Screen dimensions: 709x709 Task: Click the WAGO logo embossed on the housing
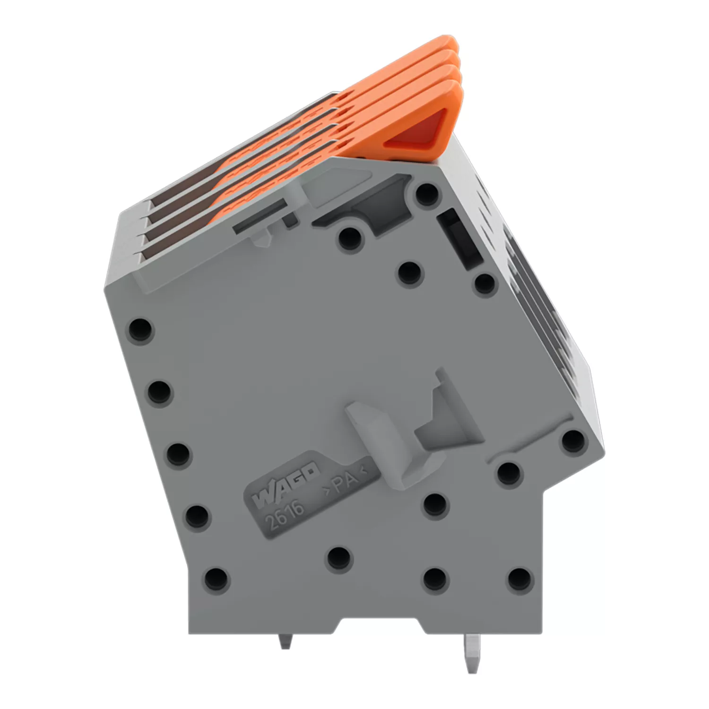click(285, 484)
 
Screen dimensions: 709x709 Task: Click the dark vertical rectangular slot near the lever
click(460, 241)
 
